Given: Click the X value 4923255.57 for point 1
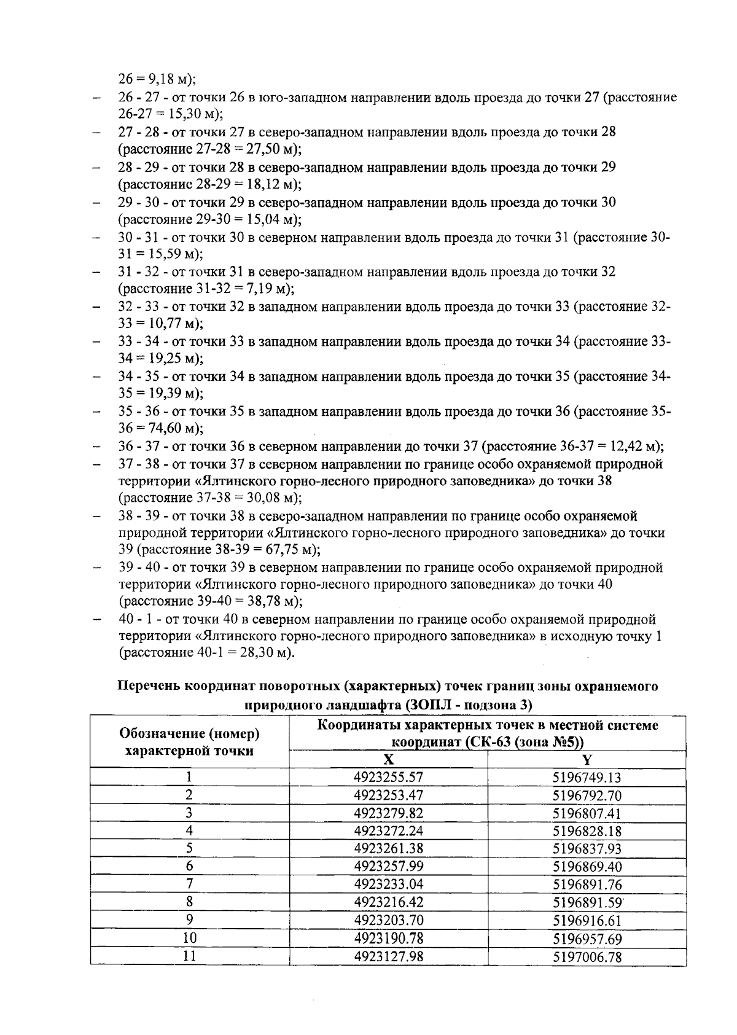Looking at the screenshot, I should tap(388, 777).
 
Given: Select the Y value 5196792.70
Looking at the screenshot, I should tap(587, 795).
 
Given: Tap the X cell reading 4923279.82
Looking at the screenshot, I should tap(388, 813).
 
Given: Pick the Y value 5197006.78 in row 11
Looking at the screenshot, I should tap(587, 956).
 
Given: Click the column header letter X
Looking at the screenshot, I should tap(388, 759).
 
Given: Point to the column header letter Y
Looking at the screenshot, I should tap(587, 759).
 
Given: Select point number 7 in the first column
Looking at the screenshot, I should tap(190, 885).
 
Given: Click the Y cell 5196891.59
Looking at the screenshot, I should tap(587, 902).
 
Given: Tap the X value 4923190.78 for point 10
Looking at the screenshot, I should tap(388, 938).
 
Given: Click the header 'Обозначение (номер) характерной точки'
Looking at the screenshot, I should tap(190, 741).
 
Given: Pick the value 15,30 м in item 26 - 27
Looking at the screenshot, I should tap(190, 114).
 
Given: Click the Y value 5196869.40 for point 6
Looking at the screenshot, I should tap(587, 867).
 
